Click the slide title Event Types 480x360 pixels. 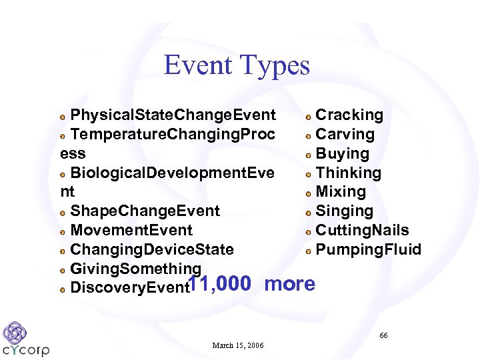click(237, 65)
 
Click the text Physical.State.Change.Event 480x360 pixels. click(173, 115)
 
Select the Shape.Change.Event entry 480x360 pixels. click(145, 211)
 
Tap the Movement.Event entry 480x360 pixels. click(131, 231)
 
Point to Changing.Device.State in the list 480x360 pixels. click(152, 250)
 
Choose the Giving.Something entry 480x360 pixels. click(135, 269)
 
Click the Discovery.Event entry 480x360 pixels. click(129, 288)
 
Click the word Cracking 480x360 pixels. click(349, 115)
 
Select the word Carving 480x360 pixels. click(345, 135)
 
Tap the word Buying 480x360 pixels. click(342, 154)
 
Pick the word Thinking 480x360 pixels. click(348, 173)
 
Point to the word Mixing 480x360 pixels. click(341, 192)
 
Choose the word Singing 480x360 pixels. click(344, 211)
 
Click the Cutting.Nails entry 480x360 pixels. click(362, 231)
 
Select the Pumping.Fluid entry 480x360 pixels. click(368, 250)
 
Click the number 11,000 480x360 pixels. click(221, 284)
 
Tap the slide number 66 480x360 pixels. click(383, 335)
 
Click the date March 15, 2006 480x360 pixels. click(238, 345)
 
